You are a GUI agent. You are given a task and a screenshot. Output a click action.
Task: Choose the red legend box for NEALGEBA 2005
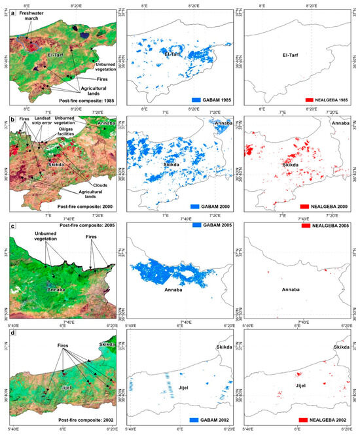(303, 225)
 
